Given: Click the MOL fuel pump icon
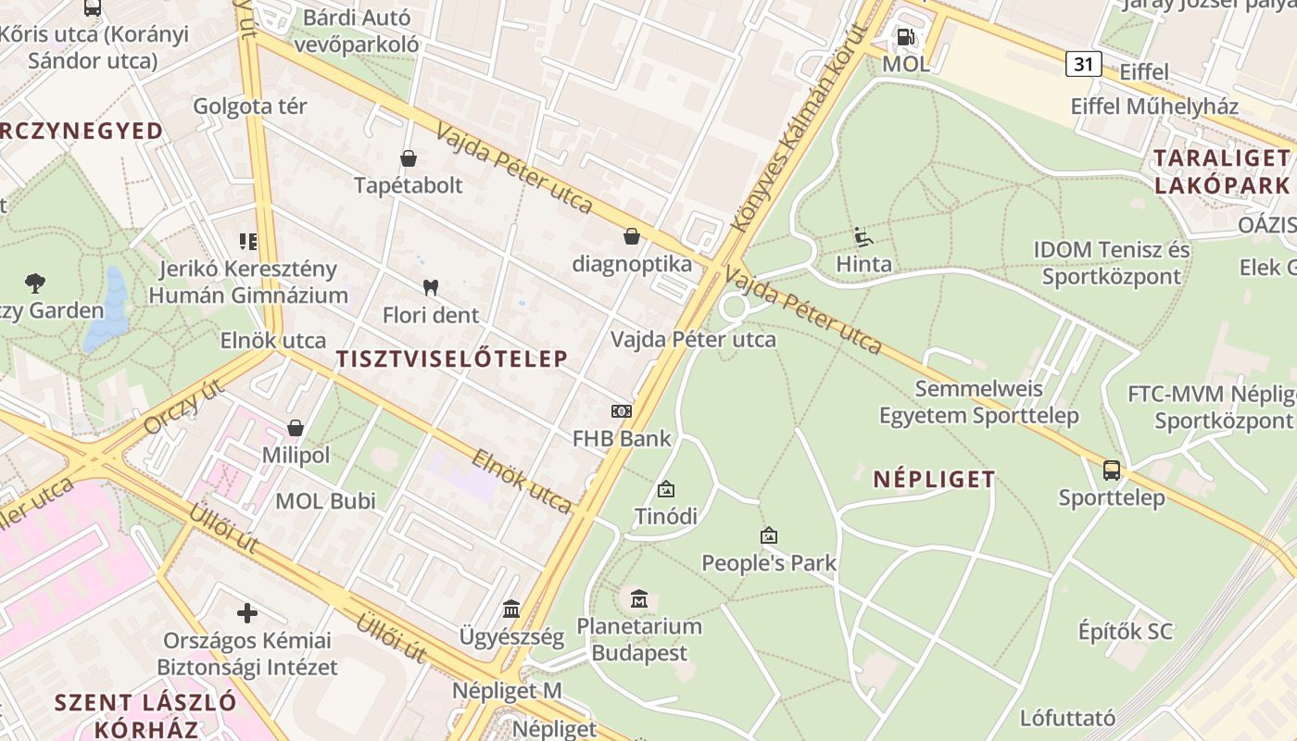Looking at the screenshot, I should point(905,37).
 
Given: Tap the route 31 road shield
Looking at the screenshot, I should point(1083,64).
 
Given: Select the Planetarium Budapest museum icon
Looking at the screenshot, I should point(639,599).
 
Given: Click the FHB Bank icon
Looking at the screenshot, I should point(621,410).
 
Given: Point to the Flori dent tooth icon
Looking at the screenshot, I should point(430,287).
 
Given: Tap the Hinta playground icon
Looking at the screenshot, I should point(863,237).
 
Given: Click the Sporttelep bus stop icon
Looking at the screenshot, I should point(1112,470).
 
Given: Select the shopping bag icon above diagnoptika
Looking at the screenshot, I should point(632,236).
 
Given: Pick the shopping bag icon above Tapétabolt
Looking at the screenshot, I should point(409,158).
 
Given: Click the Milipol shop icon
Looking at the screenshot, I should point(296,428).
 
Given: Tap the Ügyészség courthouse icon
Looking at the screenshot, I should point(511,609).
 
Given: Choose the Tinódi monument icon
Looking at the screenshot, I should point(665,489).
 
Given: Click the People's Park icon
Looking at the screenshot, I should point(768,535).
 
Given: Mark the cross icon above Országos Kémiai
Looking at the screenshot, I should point(247,612).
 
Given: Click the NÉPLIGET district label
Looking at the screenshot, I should point(934,479).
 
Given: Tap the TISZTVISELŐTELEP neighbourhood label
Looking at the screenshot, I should point(451,359).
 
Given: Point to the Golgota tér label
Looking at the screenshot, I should point(249,106).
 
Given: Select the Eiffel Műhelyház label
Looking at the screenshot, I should point(1154,106).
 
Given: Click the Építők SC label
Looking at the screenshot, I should point(1125,632).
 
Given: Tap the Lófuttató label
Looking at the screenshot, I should point(1067,718).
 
